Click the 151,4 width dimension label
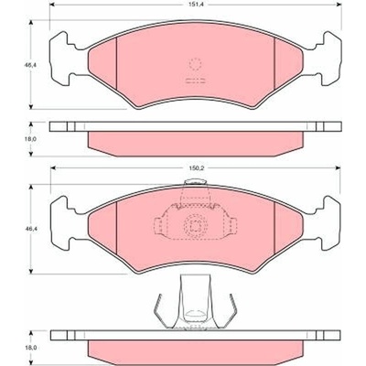(195, 5)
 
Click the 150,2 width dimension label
(196, 167)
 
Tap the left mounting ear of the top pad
(62, 58)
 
